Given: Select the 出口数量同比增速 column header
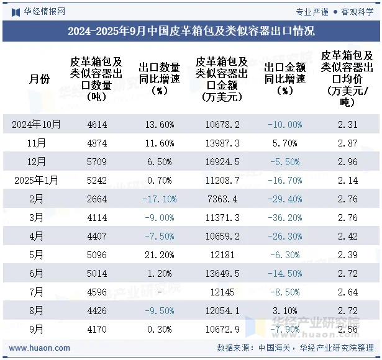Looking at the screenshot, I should tap(159, 79).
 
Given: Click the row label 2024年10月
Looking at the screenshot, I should tap(37, 124).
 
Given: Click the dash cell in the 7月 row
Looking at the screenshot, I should tap(159, 292).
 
